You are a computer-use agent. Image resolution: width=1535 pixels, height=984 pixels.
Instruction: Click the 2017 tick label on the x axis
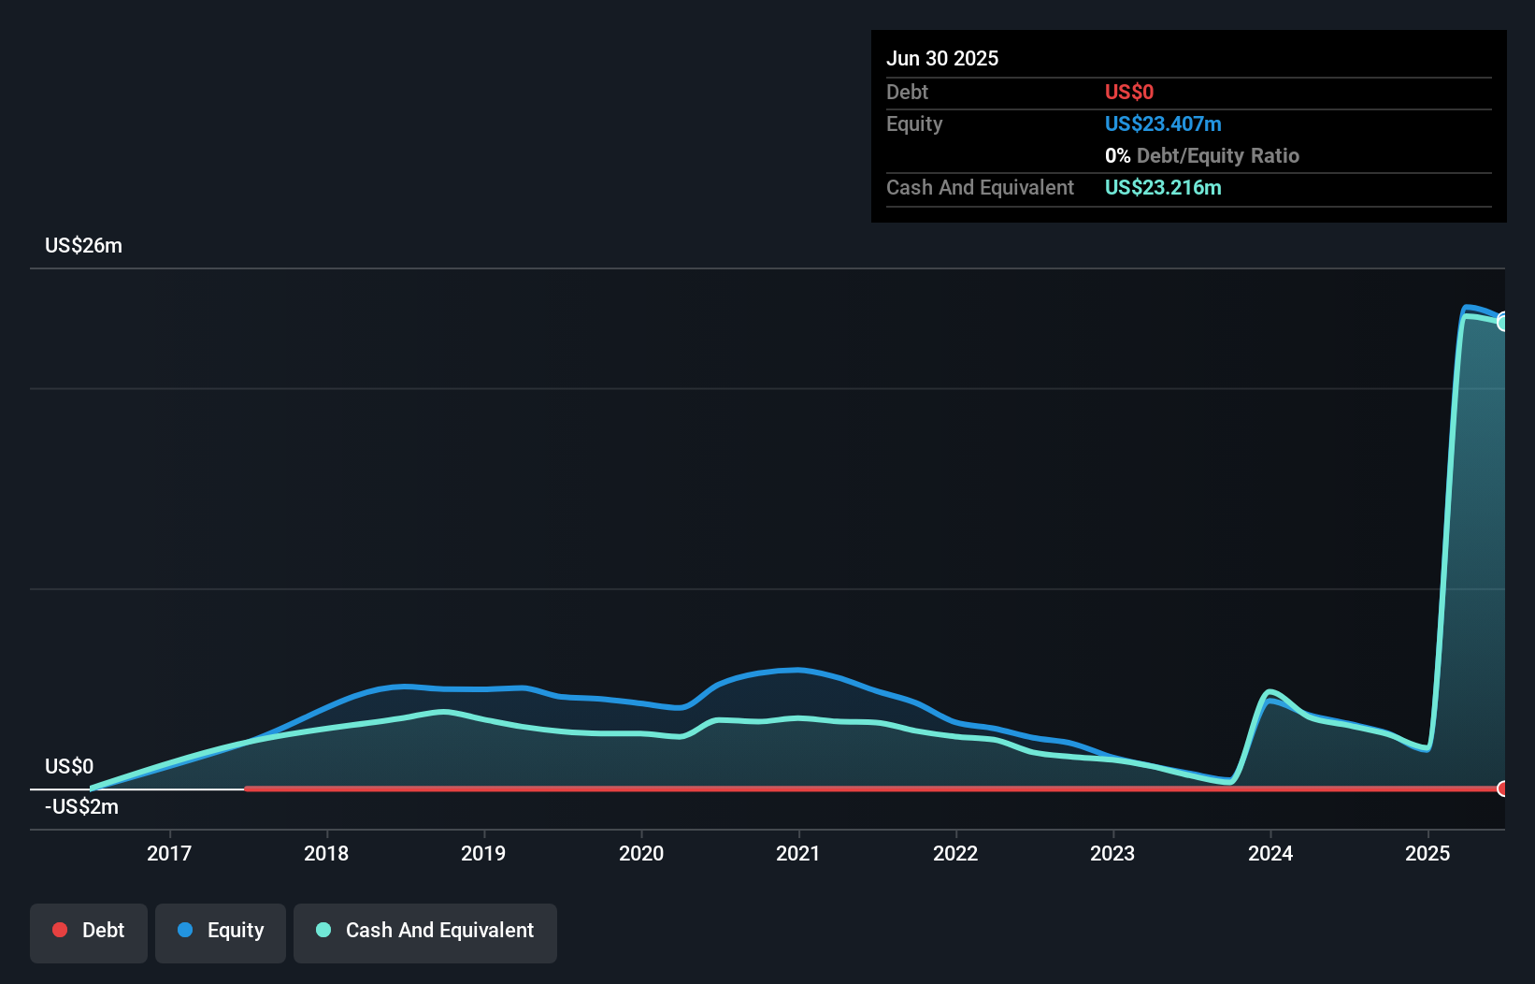[x=169, y=853]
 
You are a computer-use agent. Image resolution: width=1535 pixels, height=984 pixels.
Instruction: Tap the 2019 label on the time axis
[x=483, y=853]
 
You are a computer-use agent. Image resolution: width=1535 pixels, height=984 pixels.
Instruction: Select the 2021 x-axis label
[x=798, y=853]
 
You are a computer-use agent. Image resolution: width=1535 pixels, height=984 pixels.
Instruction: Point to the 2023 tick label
[x=1112, y=853]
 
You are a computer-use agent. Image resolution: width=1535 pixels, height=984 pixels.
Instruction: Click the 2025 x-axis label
[x=1427, y=853]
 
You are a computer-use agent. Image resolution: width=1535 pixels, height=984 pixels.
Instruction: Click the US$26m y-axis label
[x=83, y=245]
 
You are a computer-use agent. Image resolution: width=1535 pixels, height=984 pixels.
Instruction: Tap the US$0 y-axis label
[x=69, y=766]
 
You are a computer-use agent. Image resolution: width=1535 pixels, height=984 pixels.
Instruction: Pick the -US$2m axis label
[x=81, y=806]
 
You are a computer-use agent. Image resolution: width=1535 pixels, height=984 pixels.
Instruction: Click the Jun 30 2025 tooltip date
[x=942, y=58]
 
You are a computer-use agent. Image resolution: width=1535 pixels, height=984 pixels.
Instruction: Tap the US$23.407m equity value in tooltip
[x=1163, y=123]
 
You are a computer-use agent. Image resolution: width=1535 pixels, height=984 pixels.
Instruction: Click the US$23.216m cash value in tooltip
[x=1163, y=187]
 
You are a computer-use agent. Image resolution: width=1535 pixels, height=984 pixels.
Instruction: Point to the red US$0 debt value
[x=1128, y=92]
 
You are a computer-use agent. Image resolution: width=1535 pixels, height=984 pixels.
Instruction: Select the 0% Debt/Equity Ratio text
[x=1202, y=155]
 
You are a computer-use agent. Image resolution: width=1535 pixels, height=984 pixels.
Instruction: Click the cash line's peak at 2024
[x=1269, y=692]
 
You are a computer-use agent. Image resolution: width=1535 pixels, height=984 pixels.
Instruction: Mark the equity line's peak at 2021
[x=796, y=670]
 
